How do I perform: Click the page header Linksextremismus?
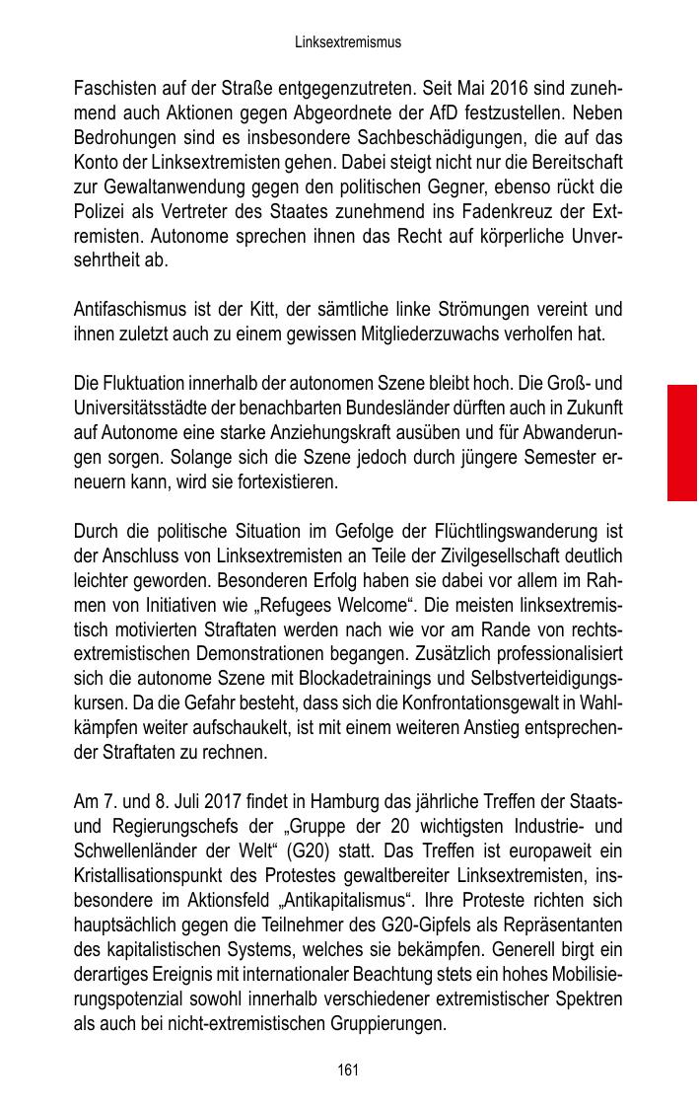tap(348, 43)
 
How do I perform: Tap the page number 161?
tap(348, 1070)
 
